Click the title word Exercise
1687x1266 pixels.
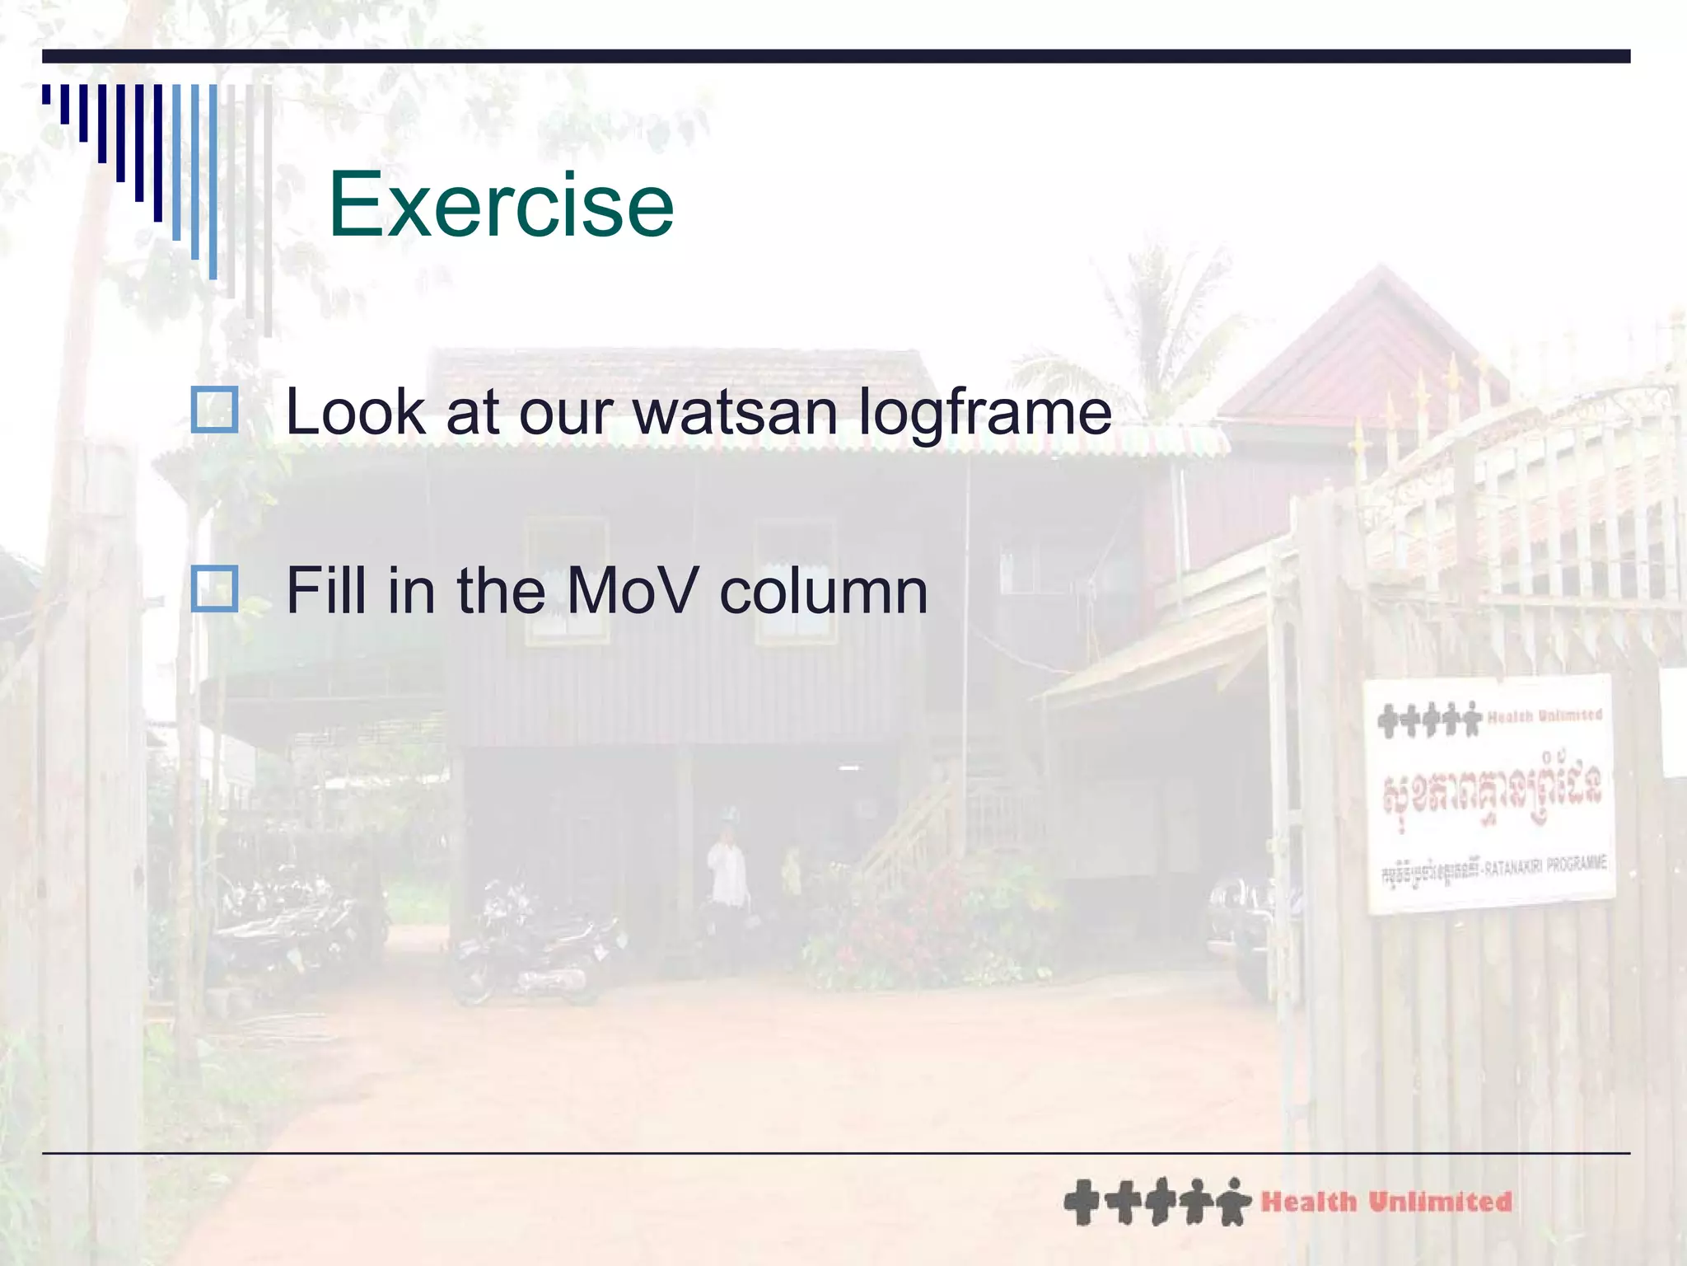pos(501,204)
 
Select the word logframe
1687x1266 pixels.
pos(985,415)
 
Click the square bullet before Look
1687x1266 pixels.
pos(214,410)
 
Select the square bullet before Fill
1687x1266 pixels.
pos(214,588)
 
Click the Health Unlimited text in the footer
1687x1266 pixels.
pos(1386,1202)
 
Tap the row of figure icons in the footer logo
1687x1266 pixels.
pos(1157,1202)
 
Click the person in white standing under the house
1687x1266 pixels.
pos(727,874)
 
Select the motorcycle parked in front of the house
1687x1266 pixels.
pos(535,948)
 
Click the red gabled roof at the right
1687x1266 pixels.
pos(1367,346)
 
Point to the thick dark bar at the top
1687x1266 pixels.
pos(836,56)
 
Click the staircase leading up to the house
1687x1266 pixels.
pos(914,832)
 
